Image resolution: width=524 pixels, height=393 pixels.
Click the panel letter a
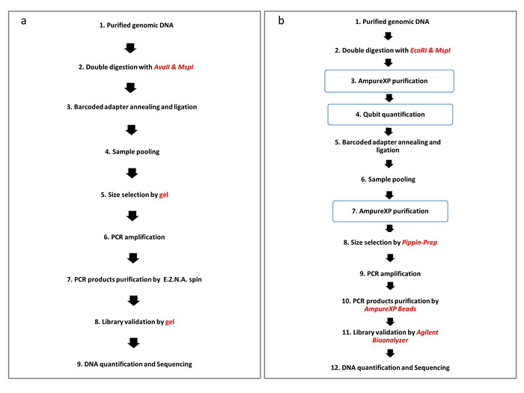click(x=23, y=21)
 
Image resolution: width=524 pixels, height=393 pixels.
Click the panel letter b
click(x=281, y=20)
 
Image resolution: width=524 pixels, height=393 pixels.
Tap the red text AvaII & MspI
click(x=174, y=67)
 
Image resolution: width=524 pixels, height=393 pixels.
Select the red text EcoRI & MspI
click(x=430, y=50)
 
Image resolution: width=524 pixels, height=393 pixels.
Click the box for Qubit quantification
click(x=390, y=115)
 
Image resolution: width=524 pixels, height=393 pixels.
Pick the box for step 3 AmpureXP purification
click(x=389, y=81)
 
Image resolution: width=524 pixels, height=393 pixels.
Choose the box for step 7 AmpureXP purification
click(x=390, y=211)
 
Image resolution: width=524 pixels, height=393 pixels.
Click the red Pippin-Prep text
click(x=419, y=243)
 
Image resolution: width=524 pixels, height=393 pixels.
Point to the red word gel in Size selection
click(x=164, y=195)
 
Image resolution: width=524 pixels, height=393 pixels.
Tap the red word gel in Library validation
click(x=170, y=322)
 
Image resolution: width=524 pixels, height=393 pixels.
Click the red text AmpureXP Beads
click(x=390, y=308)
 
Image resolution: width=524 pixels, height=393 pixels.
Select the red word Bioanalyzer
click(x=390, y=340)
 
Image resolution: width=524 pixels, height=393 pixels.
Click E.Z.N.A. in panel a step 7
click(x=174, y=279)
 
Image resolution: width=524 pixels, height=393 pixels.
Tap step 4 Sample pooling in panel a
click(x=132, y=152)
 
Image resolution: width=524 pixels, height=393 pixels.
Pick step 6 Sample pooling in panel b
click(x=388, y=180)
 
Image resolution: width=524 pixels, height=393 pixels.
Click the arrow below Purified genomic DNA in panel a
click(x=130, y=48)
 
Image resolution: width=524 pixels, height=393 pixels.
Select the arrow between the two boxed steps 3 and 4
click(x=389, y=98)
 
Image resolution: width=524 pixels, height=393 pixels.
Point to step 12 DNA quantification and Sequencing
click(x=390, y=368)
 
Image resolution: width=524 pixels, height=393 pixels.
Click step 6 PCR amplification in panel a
click(x=134, y=237)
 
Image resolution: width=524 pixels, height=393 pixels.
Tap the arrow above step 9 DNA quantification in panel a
click(x=134, y=343)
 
